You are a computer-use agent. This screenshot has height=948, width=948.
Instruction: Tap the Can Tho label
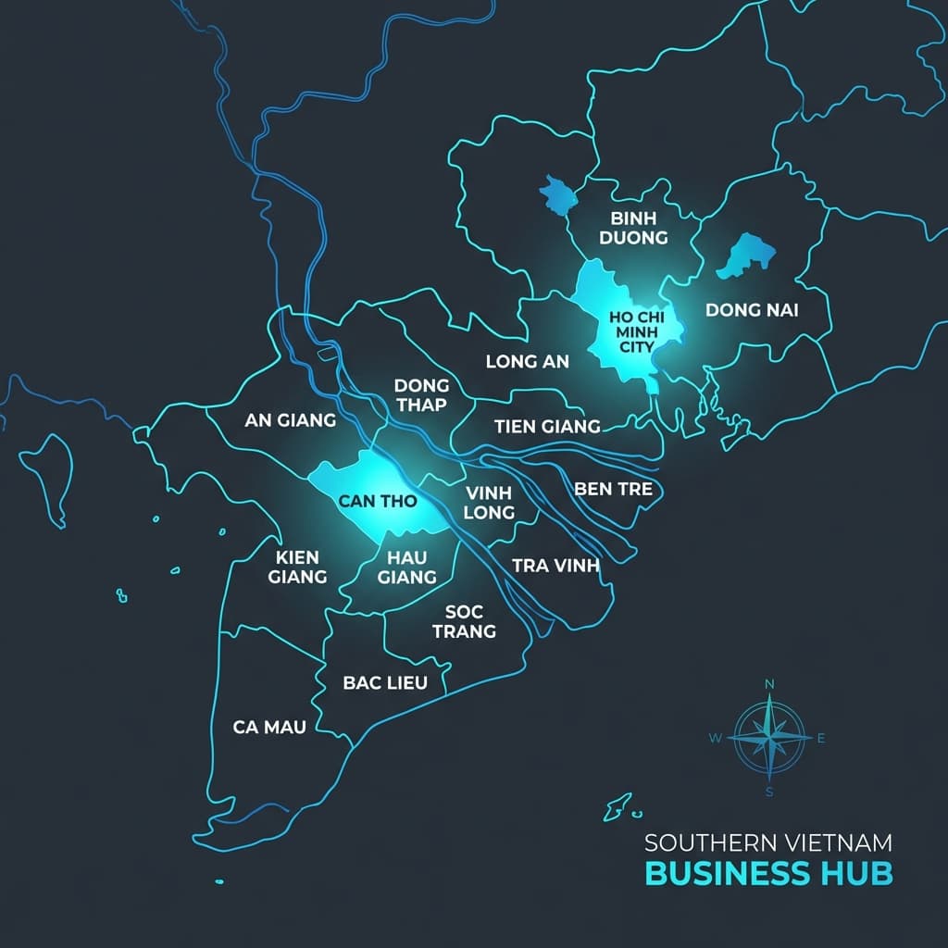pos(378,502)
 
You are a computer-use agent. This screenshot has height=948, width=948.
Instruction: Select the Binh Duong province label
pos(633,228)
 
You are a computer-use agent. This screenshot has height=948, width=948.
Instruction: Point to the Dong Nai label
pos(752,309)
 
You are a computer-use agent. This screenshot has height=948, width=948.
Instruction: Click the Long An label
pos(528,361)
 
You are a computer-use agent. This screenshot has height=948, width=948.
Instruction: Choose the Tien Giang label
pos(547,427)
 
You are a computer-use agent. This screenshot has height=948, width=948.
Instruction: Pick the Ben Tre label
pos(614,489)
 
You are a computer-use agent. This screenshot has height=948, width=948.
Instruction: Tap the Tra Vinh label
pos(556,565)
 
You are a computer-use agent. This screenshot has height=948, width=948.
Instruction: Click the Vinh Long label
pos(489,502)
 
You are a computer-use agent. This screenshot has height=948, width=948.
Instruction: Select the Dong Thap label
pos(421,394)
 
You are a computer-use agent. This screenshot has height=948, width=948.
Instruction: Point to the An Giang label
pos(290,419)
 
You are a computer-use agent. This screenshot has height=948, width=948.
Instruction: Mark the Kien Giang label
pos(297,567)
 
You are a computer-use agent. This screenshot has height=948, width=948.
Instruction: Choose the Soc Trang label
pos(470,621)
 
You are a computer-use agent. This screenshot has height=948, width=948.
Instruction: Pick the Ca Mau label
pos(269,727)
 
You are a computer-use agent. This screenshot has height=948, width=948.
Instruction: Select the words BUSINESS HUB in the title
pos(768,873)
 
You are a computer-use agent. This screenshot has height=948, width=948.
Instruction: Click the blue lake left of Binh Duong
pos(557,195)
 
